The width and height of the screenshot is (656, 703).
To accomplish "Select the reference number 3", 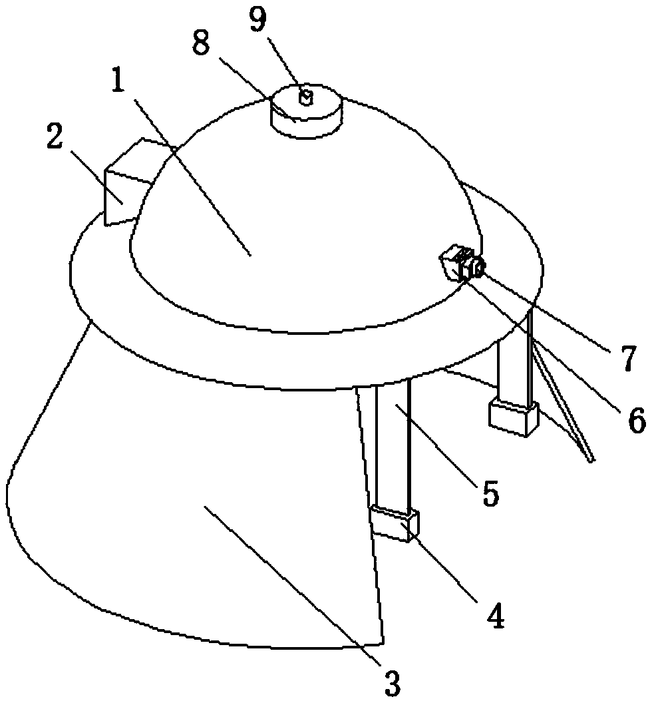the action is (x=392, y=683).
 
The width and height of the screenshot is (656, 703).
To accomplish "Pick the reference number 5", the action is (x=490, y=493).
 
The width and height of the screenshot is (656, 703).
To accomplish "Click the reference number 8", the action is (x=201, y=44).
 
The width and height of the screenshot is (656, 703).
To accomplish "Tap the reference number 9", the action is (x=258, y=20).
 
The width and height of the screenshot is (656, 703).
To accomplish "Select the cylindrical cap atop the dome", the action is (x=307, y=111).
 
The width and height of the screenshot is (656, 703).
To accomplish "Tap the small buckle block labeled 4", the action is (x=394, y=524).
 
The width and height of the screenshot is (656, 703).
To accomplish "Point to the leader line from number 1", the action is (x=193, y=178).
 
